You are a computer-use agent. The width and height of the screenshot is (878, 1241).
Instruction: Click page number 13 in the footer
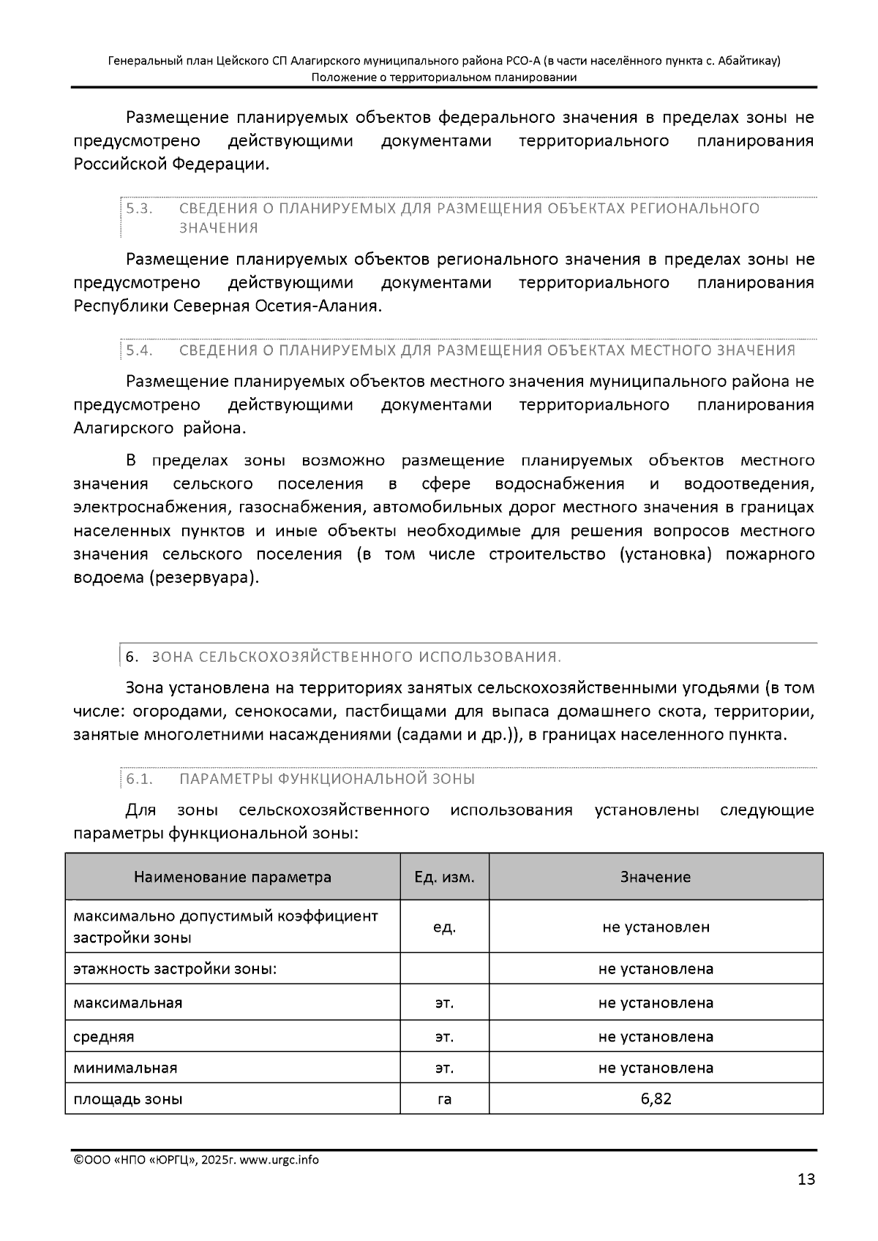point(806,1179)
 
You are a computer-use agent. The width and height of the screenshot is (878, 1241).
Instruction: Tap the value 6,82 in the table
point(656,1098)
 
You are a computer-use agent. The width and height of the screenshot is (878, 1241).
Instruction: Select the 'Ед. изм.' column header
point(444,877)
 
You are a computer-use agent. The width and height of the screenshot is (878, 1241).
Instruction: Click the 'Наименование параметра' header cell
point(232,877)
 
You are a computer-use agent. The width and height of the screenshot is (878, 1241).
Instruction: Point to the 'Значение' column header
point(656,877)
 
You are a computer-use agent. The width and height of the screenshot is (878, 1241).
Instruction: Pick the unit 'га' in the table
point(444,1098)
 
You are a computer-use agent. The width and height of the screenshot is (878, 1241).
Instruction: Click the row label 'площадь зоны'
point(128,1098)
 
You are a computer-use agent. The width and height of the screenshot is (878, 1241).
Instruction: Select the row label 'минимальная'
point(125,1068)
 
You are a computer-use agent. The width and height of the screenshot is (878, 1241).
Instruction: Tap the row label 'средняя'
point(104,1036)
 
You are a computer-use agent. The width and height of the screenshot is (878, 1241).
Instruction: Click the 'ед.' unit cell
point(444,927)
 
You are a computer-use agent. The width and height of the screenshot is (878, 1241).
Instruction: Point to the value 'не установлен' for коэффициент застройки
point(656,927)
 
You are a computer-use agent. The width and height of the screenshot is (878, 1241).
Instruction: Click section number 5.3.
point(139,208)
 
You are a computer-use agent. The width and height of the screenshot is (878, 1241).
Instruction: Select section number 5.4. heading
point(139,350)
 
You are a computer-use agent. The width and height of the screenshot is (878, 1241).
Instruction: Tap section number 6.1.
point(139,779)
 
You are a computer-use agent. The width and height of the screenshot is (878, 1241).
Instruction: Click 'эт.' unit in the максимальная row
point(444,1003)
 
